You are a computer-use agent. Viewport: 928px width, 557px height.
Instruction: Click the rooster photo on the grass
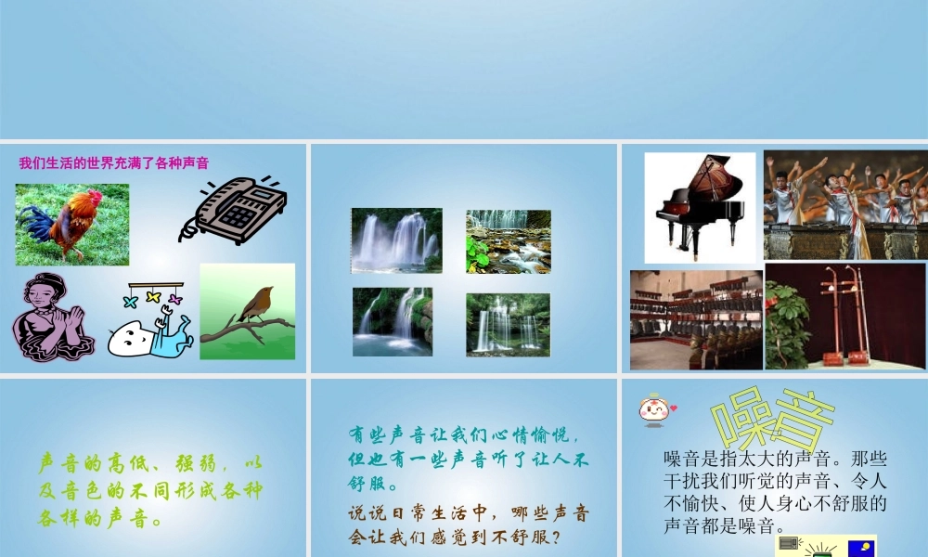click(71, 224)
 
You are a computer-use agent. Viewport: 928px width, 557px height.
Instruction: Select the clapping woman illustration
click(53, 317)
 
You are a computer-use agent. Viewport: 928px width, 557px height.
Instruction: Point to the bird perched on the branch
click(254, 304)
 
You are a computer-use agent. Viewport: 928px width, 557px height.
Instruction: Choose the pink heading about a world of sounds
click(114, 163)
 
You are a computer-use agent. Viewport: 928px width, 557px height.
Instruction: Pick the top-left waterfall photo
click(396, 240)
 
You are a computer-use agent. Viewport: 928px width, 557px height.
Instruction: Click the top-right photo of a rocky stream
click(508, 240)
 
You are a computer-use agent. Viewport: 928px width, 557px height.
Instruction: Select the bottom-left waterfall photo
click(392, 321)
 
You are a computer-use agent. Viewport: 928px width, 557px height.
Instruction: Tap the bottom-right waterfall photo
click(508, 324)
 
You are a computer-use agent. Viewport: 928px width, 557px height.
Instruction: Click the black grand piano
click(700, 206)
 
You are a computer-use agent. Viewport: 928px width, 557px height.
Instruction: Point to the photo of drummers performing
click(844, 204)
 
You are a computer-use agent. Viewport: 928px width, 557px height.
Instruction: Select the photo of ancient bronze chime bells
click(696, 320)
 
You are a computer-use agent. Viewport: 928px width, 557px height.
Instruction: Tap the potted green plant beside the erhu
click(786, 325)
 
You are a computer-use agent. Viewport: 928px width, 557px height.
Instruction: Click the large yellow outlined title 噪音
click(772, 418)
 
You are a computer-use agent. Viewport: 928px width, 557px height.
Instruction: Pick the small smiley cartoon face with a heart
click(654, 408)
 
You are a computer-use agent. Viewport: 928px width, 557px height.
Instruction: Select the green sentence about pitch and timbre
click(150, 489)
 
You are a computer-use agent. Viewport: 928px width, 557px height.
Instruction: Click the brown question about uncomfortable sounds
click(469, 525)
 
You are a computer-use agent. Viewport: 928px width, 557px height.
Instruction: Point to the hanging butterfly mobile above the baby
click(155, 295)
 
